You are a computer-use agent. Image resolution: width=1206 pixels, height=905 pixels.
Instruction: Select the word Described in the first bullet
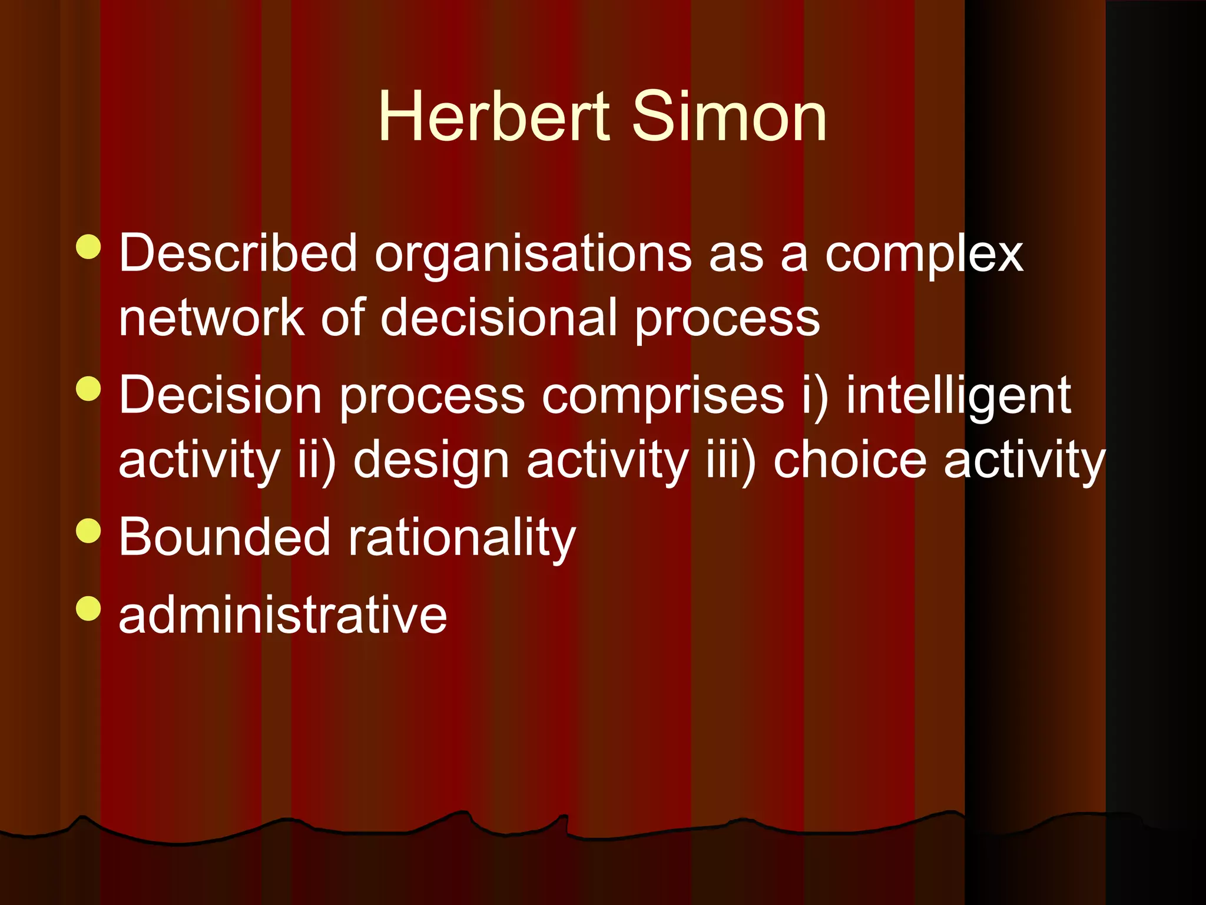(238, 253)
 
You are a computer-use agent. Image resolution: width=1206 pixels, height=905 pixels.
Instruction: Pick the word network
(211, 318)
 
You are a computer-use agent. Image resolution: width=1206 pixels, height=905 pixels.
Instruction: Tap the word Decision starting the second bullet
(220, 395)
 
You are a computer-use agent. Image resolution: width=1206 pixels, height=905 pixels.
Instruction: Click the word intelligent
(958, 397)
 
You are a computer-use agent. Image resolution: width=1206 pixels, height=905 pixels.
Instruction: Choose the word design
(431, 461)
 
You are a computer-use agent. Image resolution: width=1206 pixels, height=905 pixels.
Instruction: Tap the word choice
(850, 460)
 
